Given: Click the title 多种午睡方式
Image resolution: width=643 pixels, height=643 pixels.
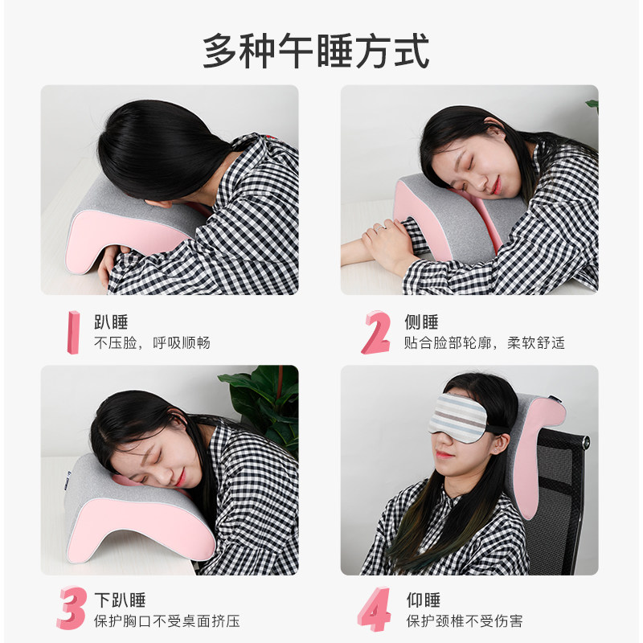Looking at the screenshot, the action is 316,51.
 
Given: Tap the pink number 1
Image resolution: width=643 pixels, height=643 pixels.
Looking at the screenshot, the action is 74,332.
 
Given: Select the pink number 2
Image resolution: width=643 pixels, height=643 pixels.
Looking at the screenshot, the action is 376,332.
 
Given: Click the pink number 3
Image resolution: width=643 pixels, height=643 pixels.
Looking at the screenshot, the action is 72,608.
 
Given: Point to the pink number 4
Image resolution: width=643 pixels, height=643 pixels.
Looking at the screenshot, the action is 375,609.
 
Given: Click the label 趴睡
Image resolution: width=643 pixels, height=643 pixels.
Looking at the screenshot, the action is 111,322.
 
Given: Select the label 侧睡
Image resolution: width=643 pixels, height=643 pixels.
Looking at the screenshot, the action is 421,322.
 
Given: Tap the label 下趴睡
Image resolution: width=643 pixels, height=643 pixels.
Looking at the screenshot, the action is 120,600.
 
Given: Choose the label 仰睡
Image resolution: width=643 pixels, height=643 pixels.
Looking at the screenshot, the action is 424,600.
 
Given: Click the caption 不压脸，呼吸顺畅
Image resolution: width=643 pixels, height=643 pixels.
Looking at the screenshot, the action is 152,343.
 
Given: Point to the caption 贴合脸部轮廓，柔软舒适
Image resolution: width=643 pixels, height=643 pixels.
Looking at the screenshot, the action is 485,343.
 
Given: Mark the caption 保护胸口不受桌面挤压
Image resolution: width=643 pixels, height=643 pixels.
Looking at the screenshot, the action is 167,620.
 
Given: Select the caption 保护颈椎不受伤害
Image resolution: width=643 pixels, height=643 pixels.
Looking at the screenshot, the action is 465,620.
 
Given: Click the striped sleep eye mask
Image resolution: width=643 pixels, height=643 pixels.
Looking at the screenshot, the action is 457,418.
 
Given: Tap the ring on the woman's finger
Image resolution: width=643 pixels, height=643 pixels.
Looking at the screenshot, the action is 381,227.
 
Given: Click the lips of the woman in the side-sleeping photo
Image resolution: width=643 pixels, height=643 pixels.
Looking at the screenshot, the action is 496,186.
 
